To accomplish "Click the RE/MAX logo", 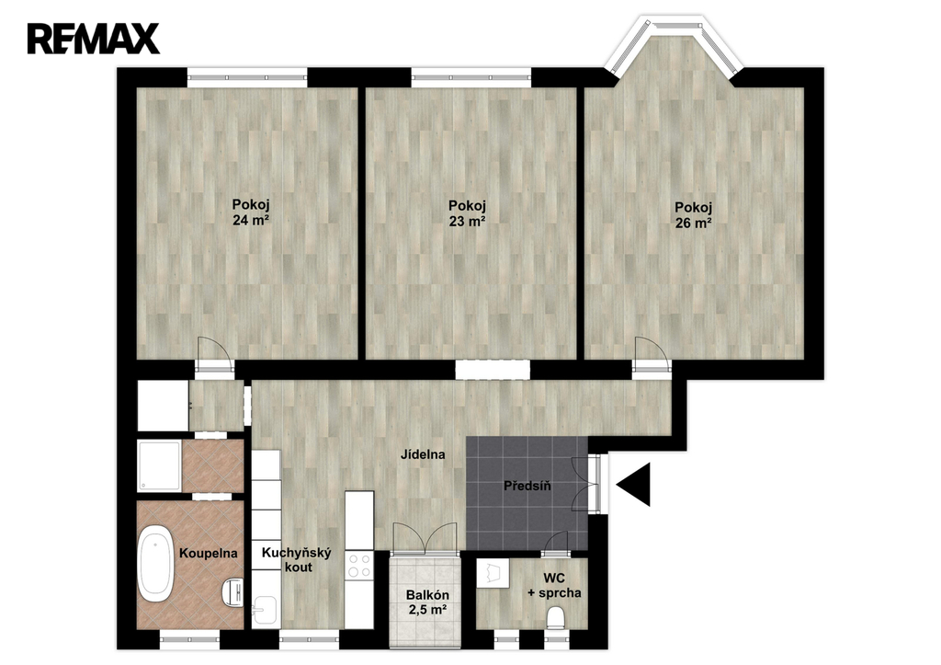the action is coord(93,39).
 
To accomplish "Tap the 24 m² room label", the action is coord(250,212).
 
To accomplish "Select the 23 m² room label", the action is coord(467,213).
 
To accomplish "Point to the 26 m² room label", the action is coord(693,215).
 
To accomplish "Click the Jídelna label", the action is coord(423,454).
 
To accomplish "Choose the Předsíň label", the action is coord(527,486).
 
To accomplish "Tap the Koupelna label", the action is coord(209,554).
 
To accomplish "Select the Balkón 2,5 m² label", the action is coord(427,602).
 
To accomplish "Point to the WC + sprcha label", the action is coord(554,586).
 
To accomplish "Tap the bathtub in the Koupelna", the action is coord(156,563).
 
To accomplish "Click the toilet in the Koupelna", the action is coord(232,591).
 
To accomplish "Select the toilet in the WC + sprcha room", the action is coord(556,617).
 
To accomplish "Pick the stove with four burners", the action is coord(359,566).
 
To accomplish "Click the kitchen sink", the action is coord(264,611).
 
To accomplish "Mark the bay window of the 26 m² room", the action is coord(674,48).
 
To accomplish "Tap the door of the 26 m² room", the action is coord(652,356).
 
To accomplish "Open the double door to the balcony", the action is coord(425,538).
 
